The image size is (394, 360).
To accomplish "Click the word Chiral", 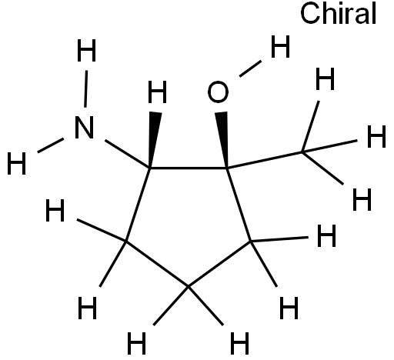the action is (x=338, y=13).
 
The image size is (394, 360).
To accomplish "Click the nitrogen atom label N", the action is (x=84, y=128).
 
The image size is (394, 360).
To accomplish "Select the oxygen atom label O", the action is (x=218, y=92).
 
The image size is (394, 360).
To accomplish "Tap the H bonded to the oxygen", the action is (x=280, y=46).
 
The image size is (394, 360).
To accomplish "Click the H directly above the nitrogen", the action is (x=86, y=51).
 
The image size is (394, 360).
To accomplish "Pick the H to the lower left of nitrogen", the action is (x=17, y=163).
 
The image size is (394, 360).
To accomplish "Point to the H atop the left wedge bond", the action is (x=158, y=92).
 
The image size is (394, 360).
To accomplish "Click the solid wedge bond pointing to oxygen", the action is (x=222, y=140).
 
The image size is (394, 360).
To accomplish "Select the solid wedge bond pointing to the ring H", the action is (x=155, y=140).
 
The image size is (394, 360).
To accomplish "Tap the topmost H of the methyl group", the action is (x=325, y=78).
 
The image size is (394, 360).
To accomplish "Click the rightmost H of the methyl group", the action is (x=376, y=136).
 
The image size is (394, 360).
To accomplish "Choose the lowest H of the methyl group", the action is (x=362, y=199).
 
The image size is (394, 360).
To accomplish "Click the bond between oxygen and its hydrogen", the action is (x=250, y=68).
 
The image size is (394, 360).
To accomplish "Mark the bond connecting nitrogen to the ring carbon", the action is (x=128, y=154).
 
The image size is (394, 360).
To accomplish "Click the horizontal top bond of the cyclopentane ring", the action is (x=189, y=168).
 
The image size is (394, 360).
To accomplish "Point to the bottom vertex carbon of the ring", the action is (x=189, y=286).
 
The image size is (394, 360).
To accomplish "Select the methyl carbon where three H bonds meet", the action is (x=302, y=152).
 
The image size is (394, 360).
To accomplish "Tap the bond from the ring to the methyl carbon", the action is (x=265, y=160).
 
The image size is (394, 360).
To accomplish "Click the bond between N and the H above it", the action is (x=86, y=88).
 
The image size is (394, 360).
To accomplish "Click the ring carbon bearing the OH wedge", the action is (x=227, y=168).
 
